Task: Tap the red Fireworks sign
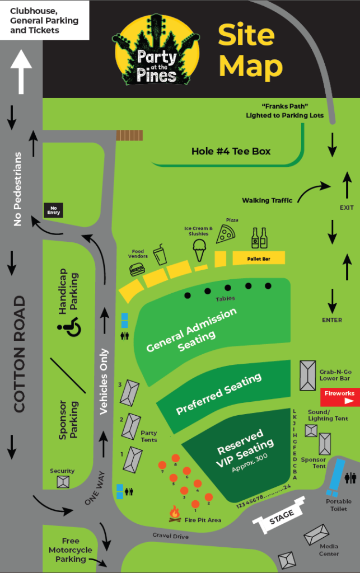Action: (x=340, y=397)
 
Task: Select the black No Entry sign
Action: (x=53, y=210)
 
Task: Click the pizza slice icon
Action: (x=226, y=234)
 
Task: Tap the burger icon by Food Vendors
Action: (x=137, y=270)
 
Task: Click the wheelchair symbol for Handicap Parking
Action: (x=69, y=326)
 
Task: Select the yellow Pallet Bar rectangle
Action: (x=259, y=258)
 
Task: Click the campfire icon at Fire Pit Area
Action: (x=175, y=514)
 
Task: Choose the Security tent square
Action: (x=63, y=482)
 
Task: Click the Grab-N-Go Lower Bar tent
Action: (x=308, y=375)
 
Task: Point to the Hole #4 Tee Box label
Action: (x=231, y=151)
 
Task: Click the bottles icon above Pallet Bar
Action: (x=259, y=238)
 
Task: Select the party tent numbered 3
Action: (x=130, y=393)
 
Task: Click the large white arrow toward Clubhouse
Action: (x=21, y=72)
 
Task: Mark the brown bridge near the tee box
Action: (x=129, y=135)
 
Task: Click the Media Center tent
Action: (x=316, y=535)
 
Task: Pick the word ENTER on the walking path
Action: (x=332, y=320)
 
